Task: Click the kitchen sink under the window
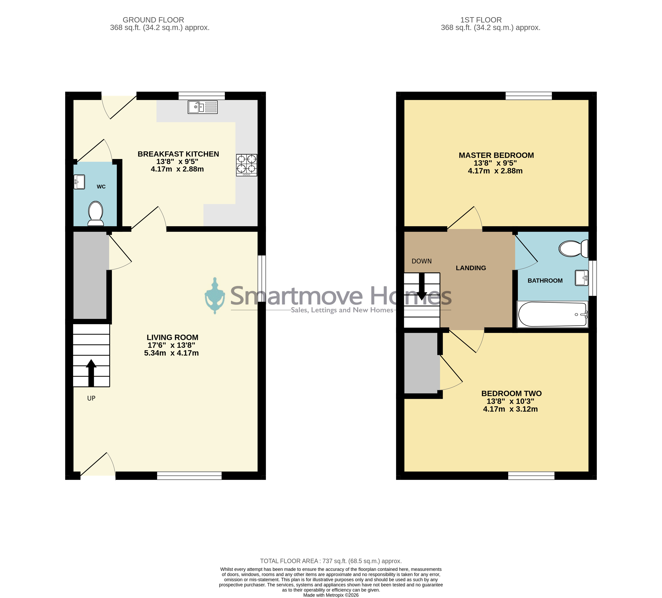203,107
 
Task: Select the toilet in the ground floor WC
96,213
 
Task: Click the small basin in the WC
79,182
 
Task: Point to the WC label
101,187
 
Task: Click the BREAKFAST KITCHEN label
178,154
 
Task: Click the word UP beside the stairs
91,398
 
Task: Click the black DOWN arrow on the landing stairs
422,287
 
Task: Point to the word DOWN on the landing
422,261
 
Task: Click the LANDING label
471,268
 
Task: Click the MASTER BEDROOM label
496,155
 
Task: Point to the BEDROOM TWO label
511,394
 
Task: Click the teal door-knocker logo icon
215,296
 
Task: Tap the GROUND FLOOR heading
153,20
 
